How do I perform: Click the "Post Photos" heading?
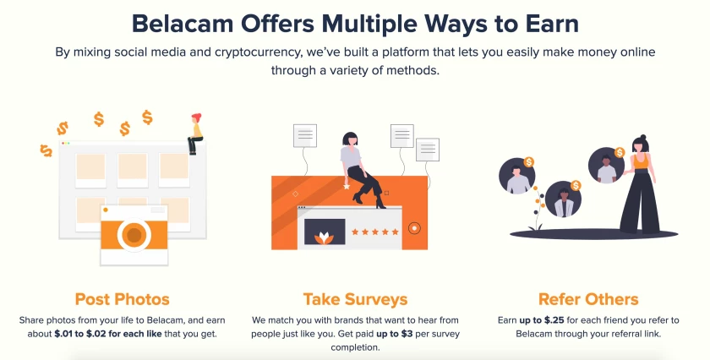pos(123,299)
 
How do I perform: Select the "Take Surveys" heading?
pos(356,299)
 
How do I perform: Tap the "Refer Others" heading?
pos(588,299)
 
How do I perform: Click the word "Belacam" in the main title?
pos(183,24)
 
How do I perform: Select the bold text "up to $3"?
pos(394,334)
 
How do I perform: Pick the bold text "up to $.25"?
pos(542,320)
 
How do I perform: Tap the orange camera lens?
pos(134,235)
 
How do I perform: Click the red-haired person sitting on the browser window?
pos(195,134)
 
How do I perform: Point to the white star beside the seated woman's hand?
pos(347,186)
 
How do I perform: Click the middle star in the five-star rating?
pos(375,232)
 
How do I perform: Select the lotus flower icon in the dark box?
pos(325,238)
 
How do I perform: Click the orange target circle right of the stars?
pos(414,228)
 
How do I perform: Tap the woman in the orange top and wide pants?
pos(637,184)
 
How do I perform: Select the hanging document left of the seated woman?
pos(305,136)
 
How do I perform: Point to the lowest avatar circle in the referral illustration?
pos(563,199)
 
